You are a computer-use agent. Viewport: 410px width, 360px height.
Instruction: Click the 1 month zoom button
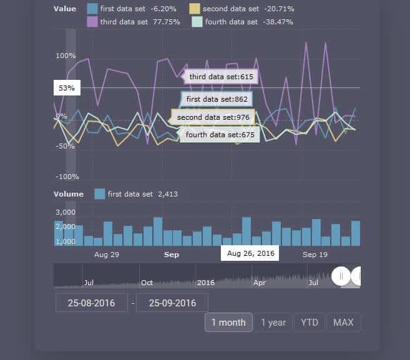228,323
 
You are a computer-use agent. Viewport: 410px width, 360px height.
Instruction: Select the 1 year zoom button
273,323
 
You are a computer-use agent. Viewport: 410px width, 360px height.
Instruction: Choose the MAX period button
343,323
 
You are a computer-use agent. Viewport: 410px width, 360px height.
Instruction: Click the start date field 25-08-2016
91,303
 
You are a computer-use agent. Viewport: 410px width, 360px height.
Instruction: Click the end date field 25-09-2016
172,303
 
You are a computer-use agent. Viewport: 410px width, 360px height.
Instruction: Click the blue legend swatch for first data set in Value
92,9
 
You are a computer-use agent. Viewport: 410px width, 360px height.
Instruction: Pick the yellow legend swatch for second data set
195,9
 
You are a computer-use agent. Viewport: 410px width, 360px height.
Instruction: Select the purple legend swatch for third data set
92,22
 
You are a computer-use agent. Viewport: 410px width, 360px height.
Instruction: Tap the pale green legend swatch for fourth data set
197,22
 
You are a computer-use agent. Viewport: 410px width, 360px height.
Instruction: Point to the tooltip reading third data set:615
222,77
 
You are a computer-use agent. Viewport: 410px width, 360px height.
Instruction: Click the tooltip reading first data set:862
217,99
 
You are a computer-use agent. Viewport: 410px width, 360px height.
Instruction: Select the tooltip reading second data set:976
213,117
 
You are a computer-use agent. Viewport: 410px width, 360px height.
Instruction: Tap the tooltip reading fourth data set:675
221,135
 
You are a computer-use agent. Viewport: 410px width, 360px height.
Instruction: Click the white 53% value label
67,89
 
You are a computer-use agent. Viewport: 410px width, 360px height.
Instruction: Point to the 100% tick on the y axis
66,56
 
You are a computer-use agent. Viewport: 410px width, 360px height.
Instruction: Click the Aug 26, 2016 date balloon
250,254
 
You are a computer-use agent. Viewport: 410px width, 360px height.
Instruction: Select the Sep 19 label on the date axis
315,255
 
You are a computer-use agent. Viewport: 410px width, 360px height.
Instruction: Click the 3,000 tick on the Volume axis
66,213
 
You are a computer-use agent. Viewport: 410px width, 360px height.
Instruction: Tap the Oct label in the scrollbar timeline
147,283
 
